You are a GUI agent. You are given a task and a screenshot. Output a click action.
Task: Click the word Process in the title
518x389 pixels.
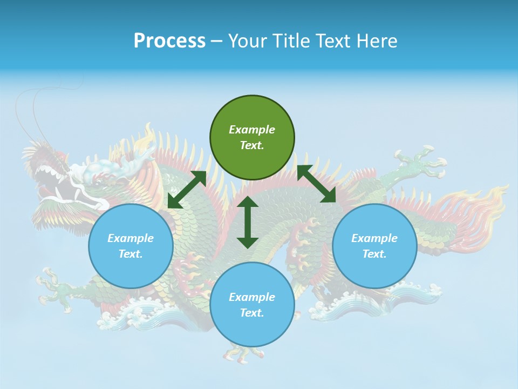pos(169,41)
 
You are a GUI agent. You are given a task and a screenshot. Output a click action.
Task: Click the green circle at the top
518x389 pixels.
pos(252,138)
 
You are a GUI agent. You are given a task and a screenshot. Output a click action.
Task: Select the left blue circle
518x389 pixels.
pos(131,246)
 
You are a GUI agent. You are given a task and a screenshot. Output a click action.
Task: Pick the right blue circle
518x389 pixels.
pos(374,246)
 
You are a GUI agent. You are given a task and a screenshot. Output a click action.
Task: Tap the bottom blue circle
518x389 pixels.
pos(252,305)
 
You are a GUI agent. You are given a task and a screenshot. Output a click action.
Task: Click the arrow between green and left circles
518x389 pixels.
pos(187,190)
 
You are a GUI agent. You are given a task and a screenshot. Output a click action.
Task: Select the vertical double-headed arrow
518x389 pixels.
pos(248,222)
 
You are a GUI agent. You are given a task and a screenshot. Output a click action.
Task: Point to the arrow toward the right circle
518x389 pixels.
pos(316,184)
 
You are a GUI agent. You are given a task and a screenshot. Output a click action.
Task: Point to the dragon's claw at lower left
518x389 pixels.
pos(54,286)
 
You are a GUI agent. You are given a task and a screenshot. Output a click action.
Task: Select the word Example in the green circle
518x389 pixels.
pos(252,130)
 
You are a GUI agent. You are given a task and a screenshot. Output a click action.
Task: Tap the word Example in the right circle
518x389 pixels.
pos(374,238)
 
